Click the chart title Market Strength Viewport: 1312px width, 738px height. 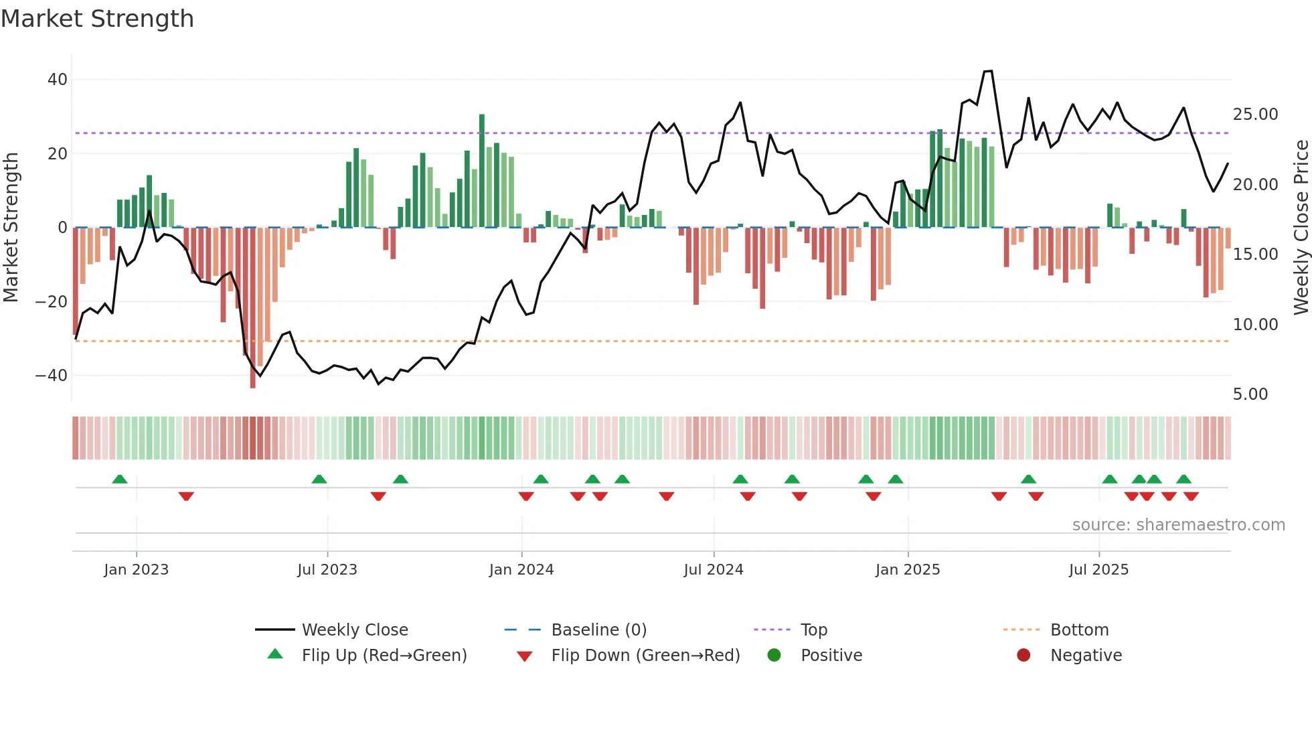click(97, 19)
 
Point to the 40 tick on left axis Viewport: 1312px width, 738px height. click(58, 80)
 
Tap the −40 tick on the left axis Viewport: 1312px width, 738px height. click(52, 376)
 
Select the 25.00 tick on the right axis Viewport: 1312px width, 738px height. click(1255, 115)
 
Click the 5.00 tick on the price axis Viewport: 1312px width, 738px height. click(1250, 394)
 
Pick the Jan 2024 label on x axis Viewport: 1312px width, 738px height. click(521, 570)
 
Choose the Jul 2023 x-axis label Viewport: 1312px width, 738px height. click(327, 570)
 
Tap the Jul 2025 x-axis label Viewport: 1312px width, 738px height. click(1098, 570)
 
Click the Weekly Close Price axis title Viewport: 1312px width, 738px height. click(1301, 228)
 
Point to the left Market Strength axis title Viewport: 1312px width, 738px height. click(11, 228)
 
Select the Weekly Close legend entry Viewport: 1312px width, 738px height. click(355, 630)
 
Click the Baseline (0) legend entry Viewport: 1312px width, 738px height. click(598, 630)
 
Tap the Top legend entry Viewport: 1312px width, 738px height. click(814, 630)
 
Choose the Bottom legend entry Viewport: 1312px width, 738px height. click(1079, 630)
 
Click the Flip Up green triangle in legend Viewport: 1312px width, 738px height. click(275, 654)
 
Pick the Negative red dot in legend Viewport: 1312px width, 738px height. click(1023, 655)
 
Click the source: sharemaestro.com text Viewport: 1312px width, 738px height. click(1178, 525)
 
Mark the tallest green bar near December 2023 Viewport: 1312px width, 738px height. click(482, 171)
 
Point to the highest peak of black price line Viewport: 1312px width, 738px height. click(988, 71)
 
